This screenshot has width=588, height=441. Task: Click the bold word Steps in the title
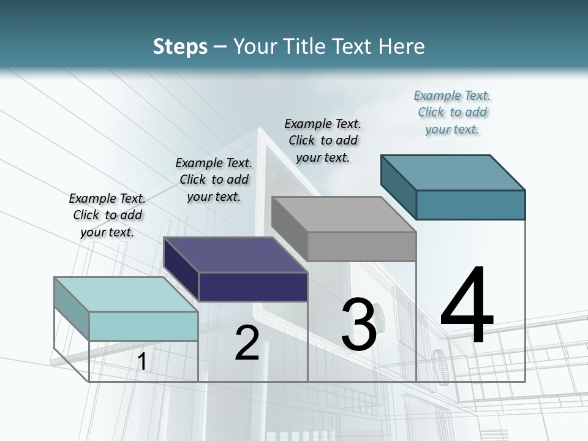[180, 47]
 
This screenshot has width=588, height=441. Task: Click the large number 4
[467, 306]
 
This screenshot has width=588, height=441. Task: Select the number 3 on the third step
[359, 325]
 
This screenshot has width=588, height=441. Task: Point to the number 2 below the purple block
[247, 344]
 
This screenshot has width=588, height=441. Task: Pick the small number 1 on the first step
[141, 362]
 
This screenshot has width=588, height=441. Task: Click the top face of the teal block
[453, 172]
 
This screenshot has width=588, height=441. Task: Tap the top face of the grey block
[344, 214]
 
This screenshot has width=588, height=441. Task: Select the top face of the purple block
[235, 254]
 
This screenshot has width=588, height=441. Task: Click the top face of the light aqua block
[126, 295]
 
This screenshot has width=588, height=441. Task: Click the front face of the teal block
[470, 205]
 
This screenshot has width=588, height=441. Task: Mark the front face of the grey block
[361, 247]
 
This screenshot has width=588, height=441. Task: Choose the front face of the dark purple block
[253, 287]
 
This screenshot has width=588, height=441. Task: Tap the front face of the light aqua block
[143, 326]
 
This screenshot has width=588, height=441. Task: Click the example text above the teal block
[452, 113]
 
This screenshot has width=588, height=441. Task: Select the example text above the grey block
[323, 140]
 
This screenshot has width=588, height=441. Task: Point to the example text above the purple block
[214, 179]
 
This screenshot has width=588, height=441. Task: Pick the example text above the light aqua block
[107, 215]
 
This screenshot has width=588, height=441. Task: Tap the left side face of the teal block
[399, 186]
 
